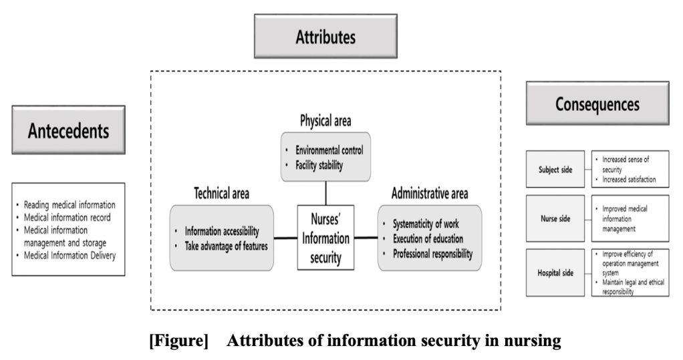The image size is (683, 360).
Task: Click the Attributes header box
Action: pos(325,37)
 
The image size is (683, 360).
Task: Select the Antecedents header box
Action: pos(68,130)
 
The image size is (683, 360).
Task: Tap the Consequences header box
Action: pos(597,104)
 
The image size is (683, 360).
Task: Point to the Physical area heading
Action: pos(325,121)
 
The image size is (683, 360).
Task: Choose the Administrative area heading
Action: pos(430,194)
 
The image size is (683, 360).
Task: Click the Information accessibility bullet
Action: pos(223,231)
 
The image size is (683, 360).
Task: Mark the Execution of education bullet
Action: pos(428,238)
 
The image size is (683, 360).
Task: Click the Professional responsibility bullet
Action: pos(433,254)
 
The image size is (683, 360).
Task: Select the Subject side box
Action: pos(555,170)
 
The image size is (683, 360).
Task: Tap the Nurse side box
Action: pos(555,218)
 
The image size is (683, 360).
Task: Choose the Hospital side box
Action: pos(555,273)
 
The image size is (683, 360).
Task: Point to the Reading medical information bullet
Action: pos(70,205)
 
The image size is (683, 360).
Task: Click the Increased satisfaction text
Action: pos(629,180)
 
